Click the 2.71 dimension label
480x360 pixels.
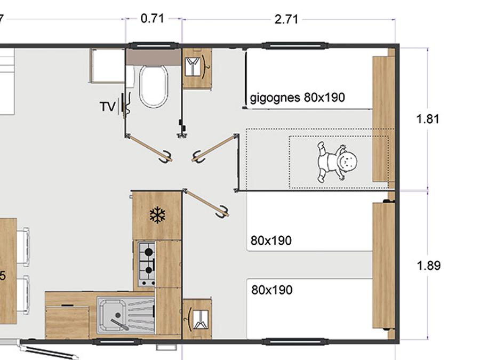[x=286, y=20]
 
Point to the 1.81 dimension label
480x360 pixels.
[x=428, y=119]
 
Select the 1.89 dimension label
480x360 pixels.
[x=429, y=266]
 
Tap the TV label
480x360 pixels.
[x=108, y=107]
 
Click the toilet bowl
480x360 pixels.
[x=154, y=86]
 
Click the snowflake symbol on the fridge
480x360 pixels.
[x=157, y=215]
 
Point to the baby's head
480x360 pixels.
[x=348, y=161]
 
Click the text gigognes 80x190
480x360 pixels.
[x=297, y=98]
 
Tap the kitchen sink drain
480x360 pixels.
[x=118, y=315]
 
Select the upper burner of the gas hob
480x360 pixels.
[x=149, y=252]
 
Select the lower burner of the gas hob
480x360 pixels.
[x=149, y=270]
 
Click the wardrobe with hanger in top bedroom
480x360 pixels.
[x=197, y=68]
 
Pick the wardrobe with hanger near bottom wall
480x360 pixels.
[x=197, y=319]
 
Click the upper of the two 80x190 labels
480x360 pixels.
[x=271, y=241]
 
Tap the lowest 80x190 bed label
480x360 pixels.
[x=272, y=290]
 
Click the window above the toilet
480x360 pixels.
[x=154, y=46]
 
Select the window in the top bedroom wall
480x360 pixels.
[x=295, y=46]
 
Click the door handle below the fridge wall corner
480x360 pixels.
[x=222, y=212]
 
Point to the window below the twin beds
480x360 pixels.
[x=295, y=341]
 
